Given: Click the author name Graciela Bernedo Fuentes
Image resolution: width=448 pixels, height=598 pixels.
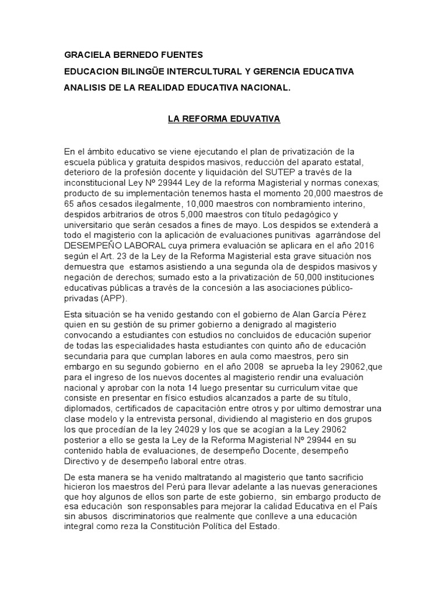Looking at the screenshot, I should (x=134, y=55).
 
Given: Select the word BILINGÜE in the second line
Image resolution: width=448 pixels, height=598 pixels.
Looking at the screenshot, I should (x=150, y=71).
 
